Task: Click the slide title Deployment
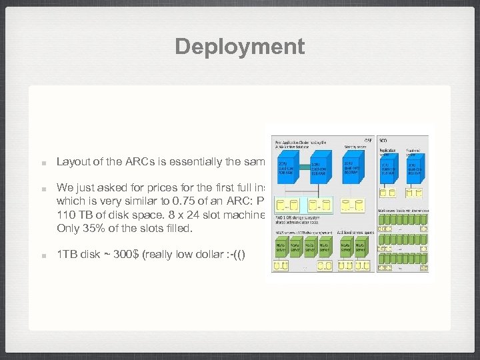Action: pyautogui.click(x=240, y=47)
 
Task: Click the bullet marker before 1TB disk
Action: pyautogui.click(x=42, y=254)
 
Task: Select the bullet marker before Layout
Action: pyautogui.click(x=42, y=162)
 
